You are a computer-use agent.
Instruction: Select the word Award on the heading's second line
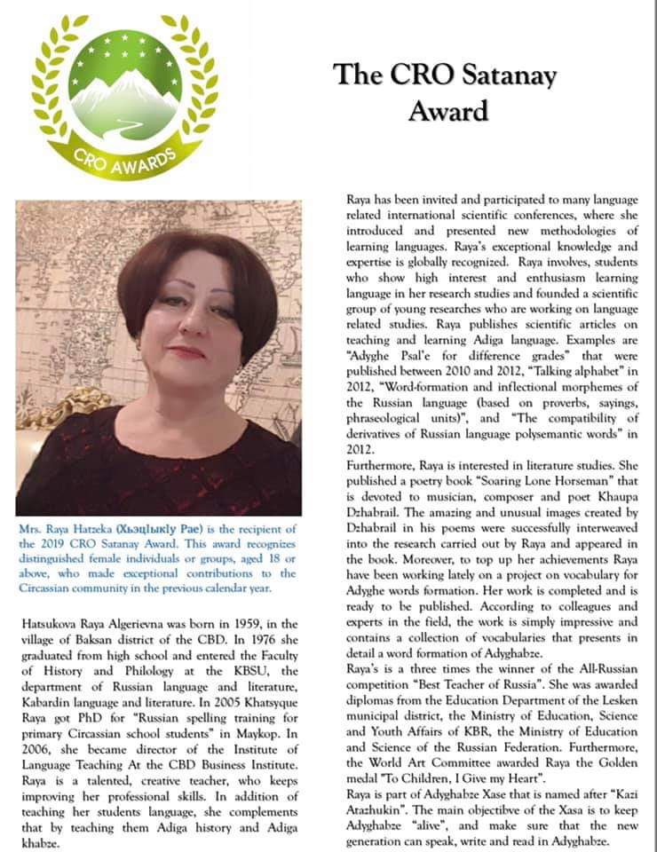448,111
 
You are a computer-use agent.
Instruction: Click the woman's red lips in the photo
187,352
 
